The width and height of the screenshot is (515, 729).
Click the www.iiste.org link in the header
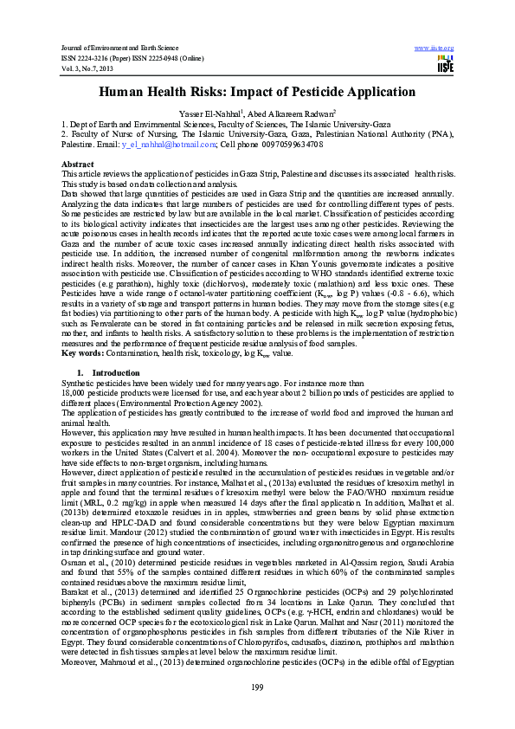(435, 47)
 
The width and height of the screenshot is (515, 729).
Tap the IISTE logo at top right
(446, 64)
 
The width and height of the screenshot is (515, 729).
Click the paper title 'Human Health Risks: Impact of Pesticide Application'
(257, 92)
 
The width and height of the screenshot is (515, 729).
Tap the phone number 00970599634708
(296, 145)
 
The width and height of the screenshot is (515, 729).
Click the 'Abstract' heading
(78, 164)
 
